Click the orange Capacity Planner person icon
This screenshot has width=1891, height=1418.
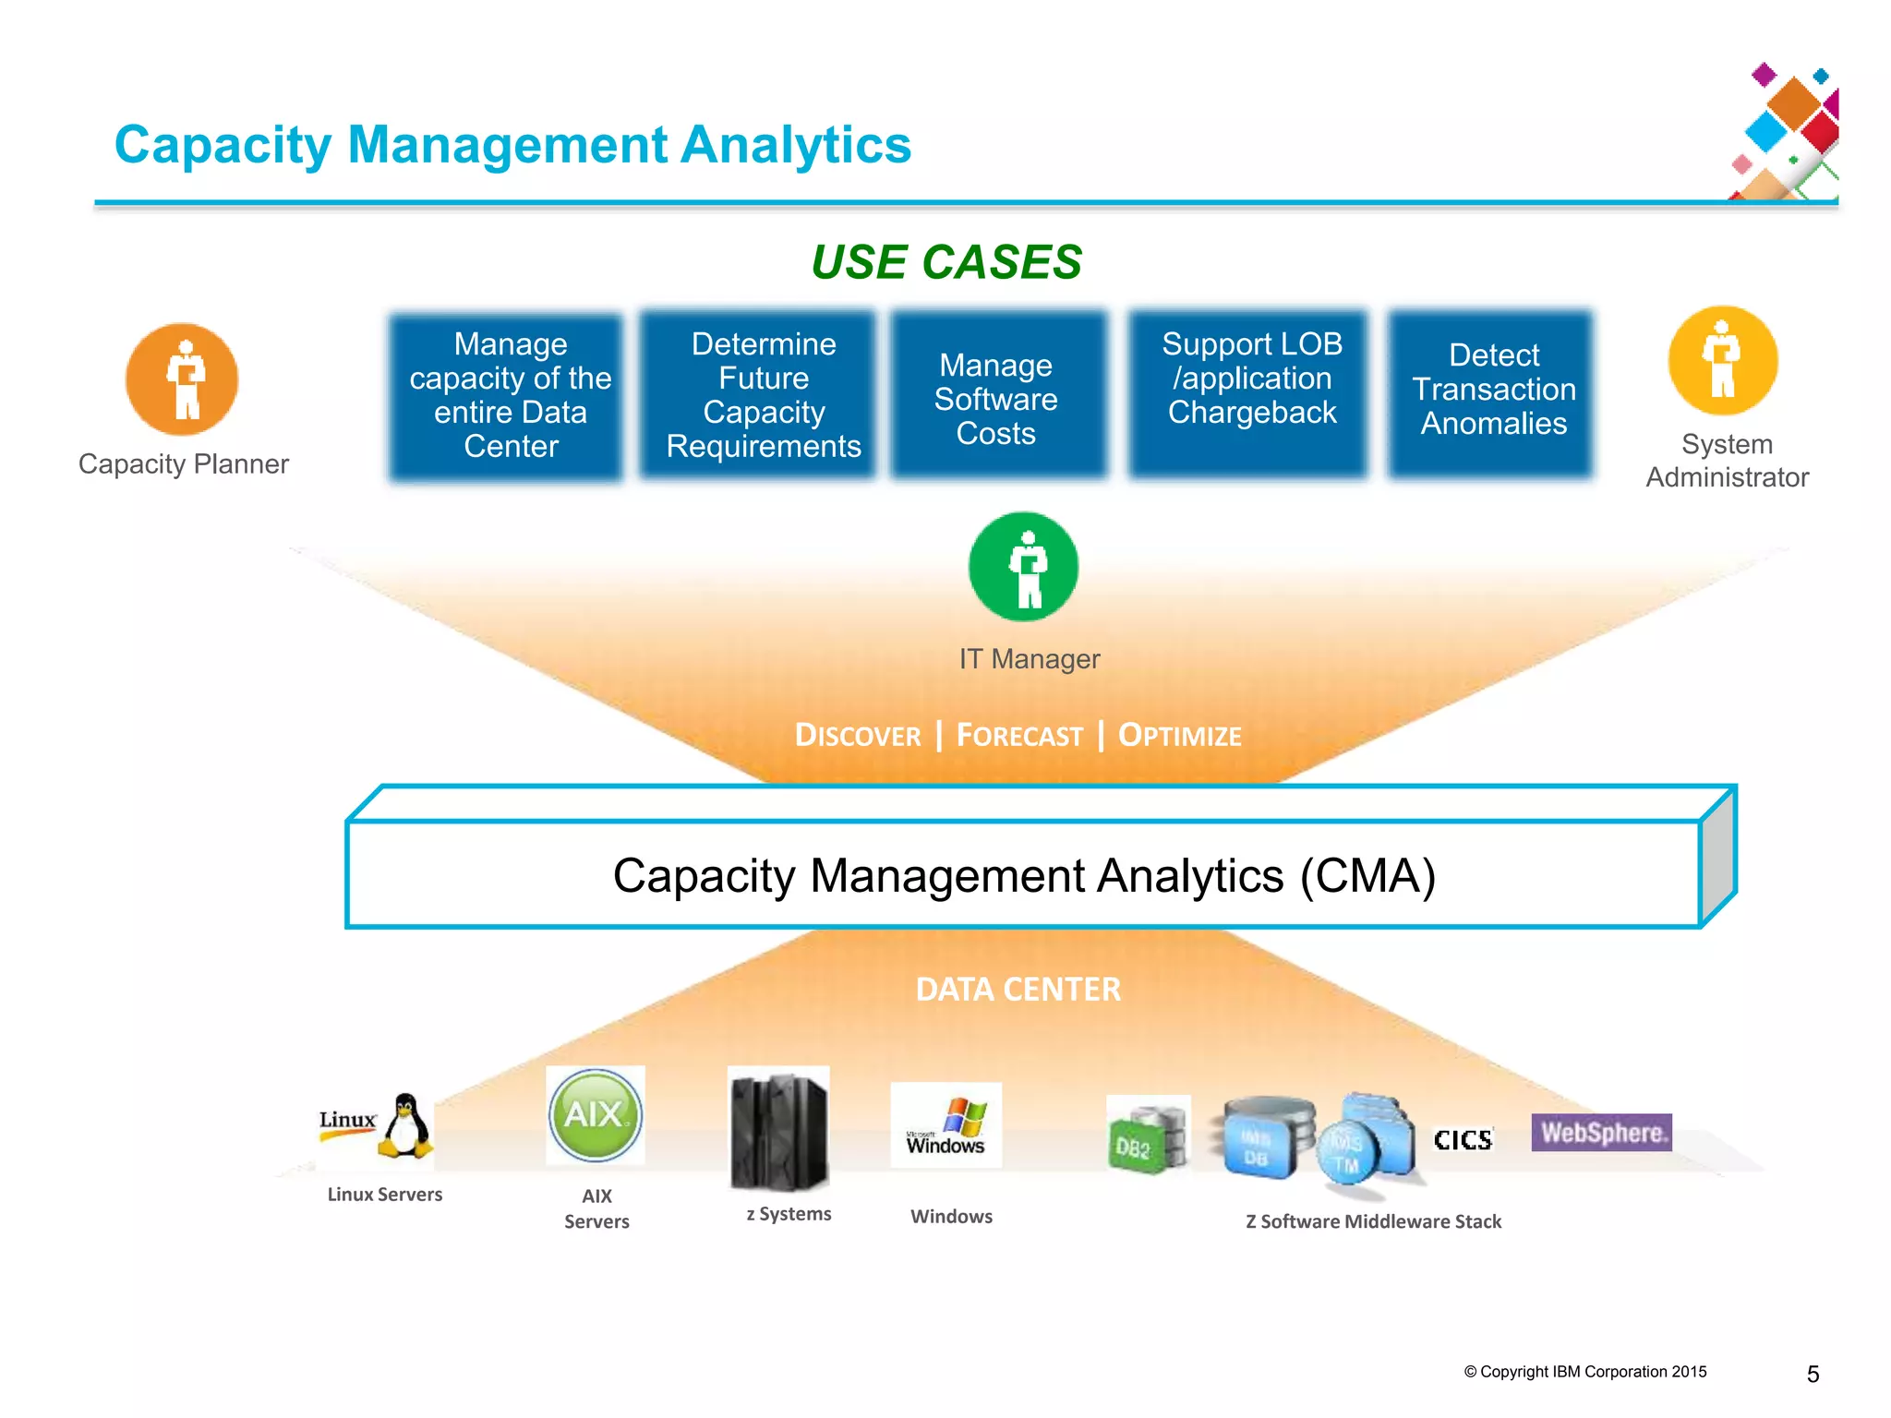point(182,379)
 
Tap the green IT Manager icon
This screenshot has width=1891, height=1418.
point(1023,567)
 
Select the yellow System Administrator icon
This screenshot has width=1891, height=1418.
point(1723,361)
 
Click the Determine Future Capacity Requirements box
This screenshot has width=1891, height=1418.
point(763,395)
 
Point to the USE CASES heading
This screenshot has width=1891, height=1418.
point(945,262)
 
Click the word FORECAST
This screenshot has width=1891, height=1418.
point(1019,736)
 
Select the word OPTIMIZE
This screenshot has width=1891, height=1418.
point(1179,736)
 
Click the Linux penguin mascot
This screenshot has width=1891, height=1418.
point(405,1125)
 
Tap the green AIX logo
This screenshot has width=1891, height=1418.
point(595,1114)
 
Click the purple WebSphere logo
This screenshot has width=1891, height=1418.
point(1601,1133)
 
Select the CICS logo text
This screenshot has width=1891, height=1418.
point(1463,1140)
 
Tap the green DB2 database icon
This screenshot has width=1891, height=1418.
point(1147,1136)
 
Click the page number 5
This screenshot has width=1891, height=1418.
point(1813,1375)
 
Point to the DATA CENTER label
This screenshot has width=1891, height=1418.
point(1018,990)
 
